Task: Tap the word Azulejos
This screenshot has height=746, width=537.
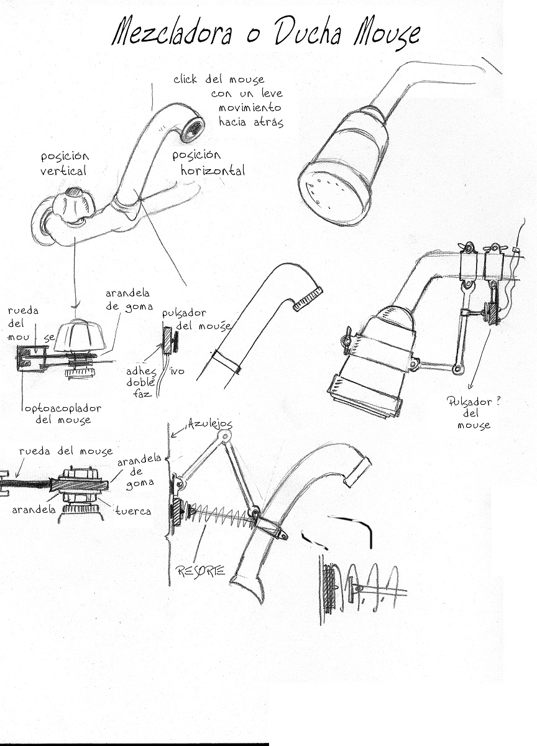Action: point(210,425)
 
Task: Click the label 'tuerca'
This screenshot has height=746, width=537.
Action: point(132,511)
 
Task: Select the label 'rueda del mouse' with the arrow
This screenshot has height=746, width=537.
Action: point(66,451)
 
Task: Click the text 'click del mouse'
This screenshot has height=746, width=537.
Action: point(219,80)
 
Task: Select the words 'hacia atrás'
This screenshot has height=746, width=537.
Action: point(250,122)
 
